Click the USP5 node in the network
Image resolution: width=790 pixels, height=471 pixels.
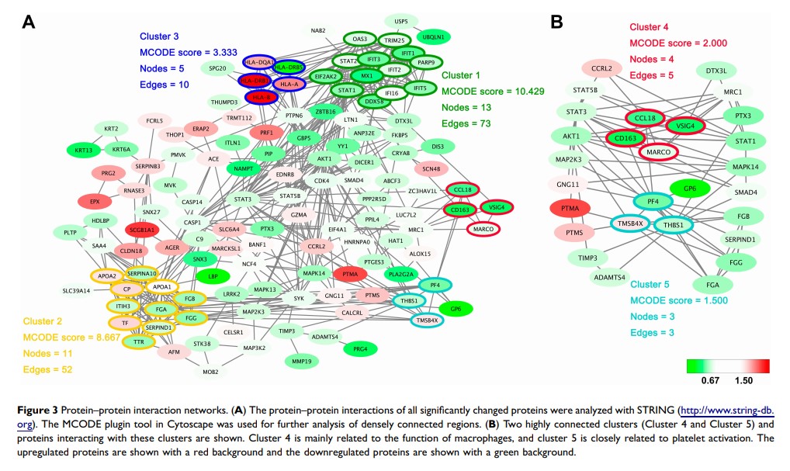(401, 21)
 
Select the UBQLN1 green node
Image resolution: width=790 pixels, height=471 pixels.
(432, 36)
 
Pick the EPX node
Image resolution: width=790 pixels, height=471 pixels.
(95, 202)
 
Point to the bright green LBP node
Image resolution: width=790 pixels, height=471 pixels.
(208, 275)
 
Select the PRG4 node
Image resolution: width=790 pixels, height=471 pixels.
(360, 348)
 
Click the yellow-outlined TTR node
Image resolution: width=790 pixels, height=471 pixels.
(140, 341)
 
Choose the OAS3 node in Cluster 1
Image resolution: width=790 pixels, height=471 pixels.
(359, 39)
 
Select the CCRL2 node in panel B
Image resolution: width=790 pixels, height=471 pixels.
(601, 69)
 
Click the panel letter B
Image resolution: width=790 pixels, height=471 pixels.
(556, 23)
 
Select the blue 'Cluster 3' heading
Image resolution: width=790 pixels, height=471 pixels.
(159, 36)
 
